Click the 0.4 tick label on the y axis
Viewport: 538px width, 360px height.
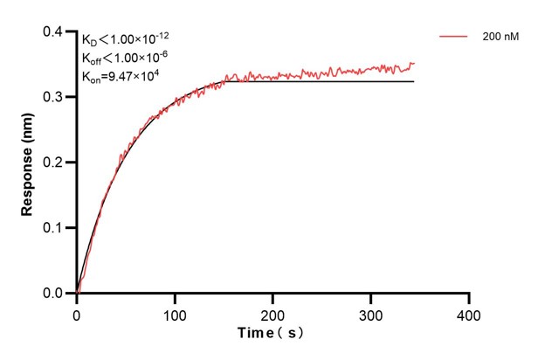[53, 32]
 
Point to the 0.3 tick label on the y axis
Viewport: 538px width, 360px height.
[53, 97]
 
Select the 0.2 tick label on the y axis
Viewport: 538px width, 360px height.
[53, 163]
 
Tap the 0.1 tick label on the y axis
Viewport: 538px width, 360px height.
[53, 228]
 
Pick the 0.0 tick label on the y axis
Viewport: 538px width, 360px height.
[53, 294]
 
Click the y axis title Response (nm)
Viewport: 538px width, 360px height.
[28, 163]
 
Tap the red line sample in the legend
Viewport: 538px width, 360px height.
[454, 38]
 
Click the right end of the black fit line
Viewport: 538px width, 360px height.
[413, 81]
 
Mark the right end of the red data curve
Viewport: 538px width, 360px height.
[414, 63]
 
